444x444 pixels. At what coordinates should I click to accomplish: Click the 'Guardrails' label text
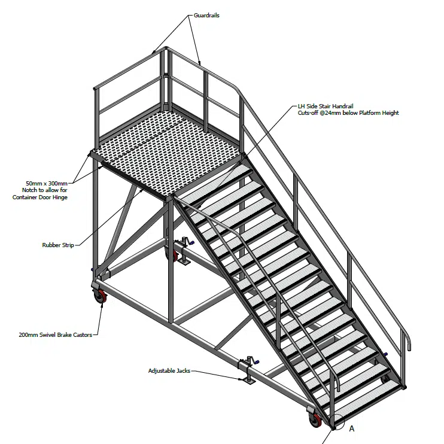(206, 15)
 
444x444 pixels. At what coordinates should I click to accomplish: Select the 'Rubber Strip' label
(58, 245)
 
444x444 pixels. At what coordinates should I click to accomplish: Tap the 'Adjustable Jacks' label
(169, 371)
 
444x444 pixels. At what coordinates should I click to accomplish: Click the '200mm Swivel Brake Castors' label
(55, 335)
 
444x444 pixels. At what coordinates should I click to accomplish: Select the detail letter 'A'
(352, 428)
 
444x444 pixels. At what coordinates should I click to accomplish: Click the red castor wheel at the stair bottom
(315, 421)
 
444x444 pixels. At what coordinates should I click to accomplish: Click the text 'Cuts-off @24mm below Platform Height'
(348, 113)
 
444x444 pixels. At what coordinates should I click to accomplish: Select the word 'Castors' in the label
(80, 335)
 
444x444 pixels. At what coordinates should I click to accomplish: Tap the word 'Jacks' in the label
(182, 371)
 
